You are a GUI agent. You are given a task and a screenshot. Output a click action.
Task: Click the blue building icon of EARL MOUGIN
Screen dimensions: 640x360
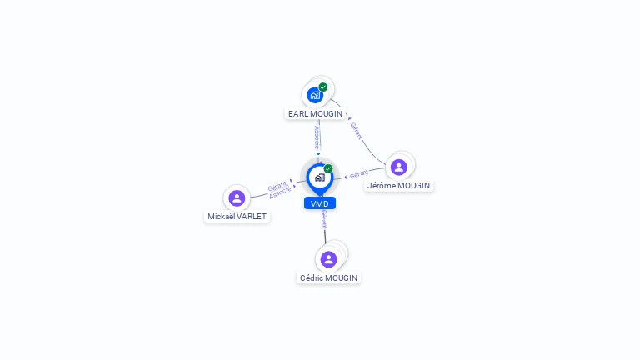315,96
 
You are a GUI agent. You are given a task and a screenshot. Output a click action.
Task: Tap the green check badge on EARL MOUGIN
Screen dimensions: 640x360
323,87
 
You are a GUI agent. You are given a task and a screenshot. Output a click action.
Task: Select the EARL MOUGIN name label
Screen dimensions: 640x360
315,114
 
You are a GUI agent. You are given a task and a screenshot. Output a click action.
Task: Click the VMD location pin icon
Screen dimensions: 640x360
320,179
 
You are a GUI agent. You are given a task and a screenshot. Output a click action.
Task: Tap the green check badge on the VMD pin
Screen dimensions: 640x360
328,168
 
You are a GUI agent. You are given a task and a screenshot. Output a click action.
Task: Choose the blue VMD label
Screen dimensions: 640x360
320,203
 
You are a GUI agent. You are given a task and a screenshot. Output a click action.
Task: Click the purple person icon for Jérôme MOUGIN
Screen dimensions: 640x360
399,167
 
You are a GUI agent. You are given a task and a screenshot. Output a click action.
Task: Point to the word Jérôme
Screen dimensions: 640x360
382,186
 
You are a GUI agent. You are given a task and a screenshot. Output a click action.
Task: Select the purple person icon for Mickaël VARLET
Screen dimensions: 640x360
237,198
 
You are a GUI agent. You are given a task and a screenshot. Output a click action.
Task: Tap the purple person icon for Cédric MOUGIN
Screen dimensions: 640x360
328,259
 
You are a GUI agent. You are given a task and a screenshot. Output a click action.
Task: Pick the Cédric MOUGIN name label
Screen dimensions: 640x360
328,278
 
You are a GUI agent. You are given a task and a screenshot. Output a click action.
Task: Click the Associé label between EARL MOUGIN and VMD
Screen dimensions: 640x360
317,137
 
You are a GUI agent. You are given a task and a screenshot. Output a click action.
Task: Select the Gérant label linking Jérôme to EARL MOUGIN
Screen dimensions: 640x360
357,131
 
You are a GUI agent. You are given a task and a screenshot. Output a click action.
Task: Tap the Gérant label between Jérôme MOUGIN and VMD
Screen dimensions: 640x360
359,174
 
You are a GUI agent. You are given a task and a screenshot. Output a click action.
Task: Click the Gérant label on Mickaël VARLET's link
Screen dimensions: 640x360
277,186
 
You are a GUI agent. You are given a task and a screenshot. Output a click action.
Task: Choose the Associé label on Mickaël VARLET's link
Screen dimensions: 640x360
280,192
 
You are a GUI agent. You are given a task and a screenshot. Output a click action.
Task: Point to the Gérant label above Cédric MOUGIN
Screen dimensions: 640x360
324,220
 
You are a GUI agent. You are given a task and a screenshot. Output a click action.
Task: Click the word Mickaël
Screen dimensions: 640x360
220,217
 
